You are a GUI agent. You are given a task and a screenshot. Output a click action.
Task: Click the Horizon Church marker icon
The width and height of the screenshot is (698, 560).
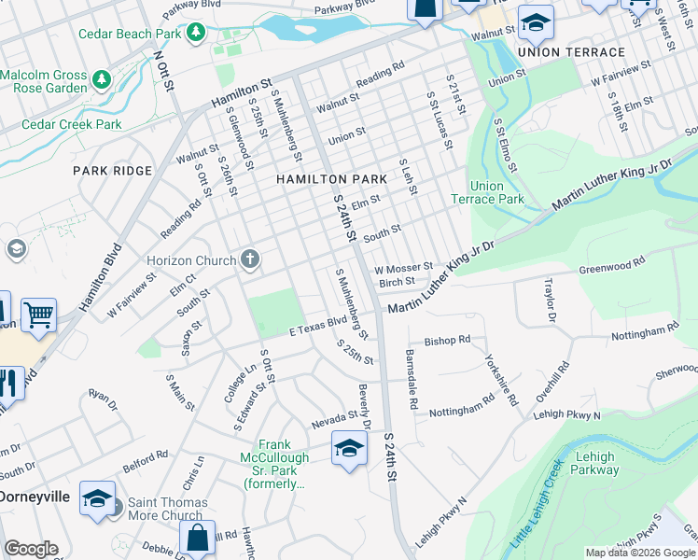[250, 259]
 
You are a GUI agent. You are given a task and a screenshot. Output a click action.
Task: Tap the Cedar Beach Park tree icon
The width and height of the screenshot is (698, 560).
[196, 34]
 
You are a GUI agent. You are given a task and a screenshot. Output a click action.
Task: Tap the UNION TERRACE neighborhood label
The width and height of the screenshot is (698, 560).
[571, 52]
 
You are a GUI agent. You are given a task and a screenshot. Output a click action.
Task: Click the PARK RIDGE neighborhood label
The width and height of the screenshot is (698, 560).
[112, 171]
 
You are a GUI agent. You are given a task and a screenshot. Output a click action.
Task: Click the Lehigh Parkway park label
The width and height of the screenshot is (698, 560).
[594, 463]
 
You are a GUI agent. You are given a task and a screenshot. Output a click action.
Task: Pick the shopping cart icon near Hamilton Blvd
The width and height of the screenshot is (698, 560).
[38, 316]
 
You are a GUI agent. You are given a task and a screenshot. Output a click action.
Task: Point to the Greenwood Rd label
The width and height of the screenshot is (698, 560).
[612, 266]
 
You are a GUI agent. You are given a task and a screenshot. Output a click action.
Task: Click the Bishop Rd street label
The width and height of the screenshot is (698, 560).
[448, 342]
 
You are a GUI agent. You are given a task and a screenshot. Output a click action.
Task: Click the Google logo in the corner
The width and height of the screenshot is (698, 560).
[31, 549]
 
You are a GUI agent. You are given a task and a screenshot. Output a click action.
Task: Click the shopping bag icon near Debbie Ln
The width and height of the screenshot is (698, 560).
[198, 538]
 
